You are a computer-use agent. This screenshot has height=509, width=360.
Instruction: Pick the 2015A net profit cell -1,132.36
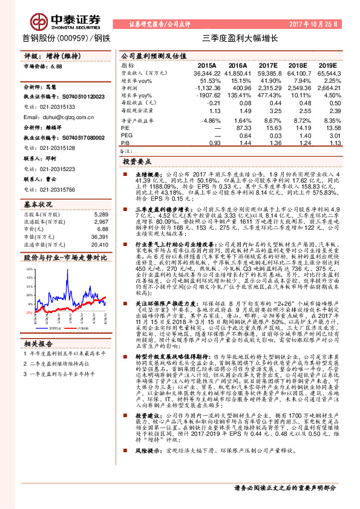206,88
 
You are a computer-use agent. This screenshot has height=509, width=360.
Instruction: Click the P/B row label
126,143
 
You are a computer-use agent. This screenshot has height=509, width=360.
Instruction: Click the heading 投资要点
137,163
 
